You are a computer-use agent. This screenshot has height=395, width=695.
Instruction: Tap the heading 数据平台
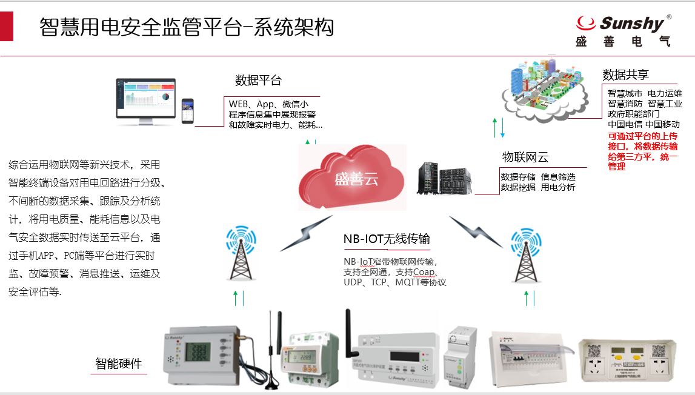(258, 81)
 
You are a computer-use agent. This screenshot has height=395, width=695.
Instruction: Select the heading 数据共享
(625, 75)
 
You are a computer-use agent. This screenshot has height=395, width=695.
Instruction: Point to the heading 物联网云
(525, 158)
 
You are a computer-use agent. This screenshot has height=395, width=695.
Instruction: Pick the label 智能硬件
(119, 363)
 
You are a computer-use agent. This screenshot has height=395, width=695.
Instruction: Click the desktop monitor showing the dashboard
(146, 99)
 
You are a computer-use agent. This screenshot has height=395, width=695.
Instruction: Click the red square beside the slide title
(7, 27)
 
